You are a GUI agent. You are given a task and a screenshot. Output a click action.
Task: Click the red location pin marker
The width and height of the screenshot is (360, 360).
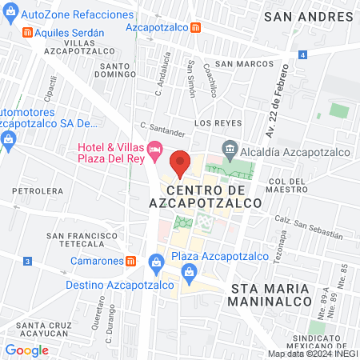pos(181,162)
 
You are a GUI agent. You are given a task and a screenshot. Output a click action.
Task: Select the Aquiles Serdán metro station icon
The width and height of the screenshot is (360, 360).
pos(28,32)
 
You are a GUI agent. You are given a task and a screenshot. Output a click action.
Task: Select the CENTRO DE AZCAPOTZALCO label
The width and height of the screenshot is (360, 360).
pos(215,197)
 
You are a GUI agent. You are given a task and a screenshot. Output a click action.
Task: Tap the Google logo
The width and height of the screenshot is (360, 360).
pos(26,350)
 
